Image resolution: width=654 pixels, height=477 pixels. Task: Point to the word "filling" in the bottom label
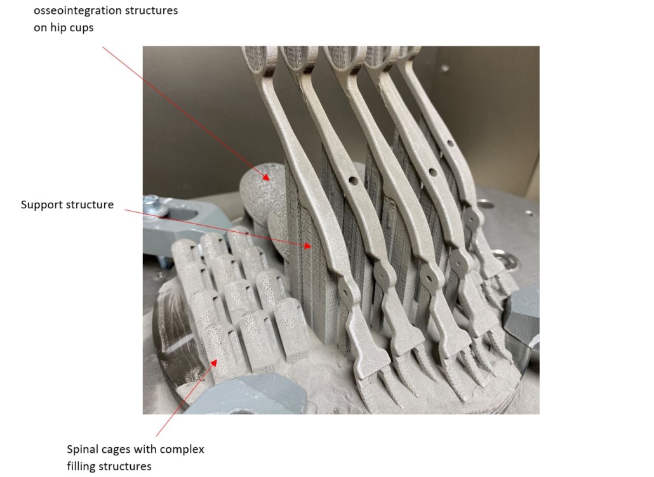tap(82, 466)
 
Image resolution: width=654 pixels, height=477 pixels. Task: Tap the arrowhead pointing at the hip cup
tap(266, 177)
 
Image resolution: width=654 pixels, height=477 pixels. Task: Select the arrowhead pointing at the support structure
tap(308, 246)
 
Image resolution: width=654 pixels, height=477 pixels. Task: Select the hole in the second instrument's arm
tap(353, 180)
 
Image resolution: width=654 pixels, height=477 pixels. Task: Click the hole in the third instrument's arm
tap(432, 172)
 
